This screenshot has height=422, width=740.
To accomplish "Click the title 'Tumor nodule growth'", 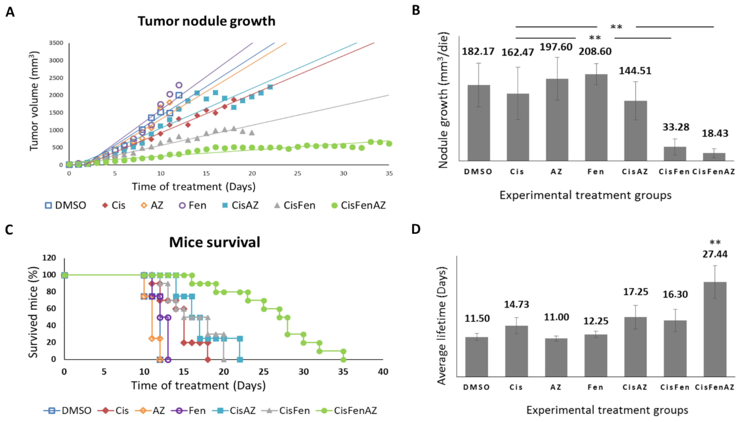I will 206,21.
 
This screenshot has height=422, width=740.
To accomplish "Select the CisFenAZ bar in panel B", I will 714,157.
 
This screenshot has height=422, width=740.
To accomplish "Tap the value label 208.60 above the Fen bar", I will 595,51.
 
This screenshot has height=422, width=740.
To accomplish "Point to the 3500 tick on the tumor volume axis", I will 56,43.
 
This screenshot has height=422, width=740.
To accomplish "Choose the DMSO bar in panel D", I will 476,356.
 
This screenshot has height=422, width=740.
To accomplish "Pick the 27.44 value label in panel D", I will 715,254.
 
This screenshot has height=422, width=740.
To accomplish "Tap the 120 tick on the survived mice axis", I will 49,258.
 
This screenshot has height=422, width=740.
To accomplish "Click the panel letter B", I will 416,10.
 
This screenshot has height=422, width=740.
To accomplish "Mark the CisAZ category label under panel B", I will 635,172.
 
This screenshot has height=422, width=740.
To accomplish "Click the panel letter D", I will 416,229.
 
